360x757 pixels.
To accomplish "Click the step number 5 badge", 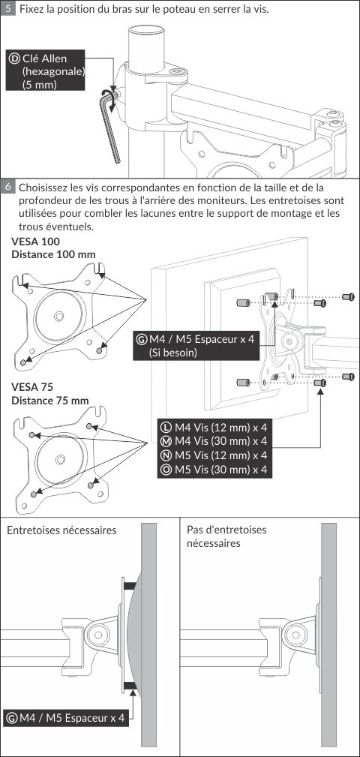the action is tap(7, 8).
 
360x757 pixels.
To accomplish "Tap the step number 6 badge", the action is tap(7, 186).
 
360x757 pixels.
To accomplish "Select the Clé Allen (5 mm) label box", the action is tap(45, 70).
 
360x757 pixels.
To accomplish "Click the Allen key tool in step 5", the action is tap(112, 125).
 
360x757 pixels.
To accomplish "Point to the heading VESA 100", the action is tap(36, 242).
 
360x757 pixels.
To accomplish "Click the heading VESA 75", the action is tap(32, 387).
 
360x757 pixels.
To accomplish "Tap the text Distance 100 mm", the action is tap(53, 254).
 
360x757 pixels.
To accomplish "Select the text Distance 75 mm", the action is tap(50, 400).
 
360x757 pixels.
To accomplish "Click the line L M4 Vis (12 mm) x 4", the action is tap(214, 427).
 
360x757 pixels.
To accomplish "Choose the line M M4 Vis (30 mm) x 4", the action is tap(214, 441).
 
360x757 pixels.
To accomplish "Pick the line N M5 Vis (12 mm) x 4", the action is tap(214, 455).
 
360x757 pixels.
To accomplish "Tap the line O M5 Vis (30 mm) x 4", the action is tap(214, 469).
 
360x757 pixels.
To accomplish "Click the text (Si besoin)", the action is tap(173, 353).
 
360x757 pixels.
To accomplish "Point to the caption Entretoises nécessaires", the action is tap(61, 530).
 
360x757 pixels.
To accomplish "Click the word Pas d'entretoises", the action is tap(226, 530).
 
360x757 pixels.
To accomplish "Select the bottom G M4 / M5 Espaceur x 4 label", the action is tap(66, 717).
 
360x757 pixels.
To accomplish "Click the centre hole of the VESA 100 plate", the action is tap(59, 316).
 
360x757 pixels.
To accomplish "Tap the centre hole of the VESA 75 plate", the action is tap(60, 459).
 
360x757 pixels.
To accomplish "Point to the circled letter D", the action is tap(14, 59).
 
